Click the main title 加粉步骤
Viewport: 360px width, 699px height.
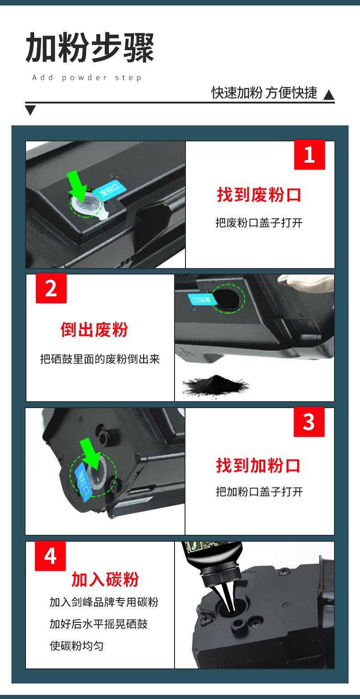90,47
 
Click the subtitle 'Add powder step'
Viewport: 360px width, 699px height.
87,78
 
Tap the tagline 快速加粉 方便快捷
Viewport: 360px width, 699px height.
264,93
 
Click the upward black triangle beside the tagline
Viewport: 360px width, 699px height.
329,95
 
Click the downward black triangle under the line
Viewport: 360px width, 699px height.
30,110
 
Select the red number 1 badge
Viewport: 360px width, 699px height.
309,155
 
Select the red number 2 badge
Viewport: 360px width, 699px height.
51,288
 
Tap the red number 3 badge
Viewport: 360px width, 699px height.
309,422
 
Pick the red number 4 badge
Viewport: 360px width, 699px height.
50,556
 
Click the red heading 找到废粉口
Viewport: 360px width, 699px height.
259,195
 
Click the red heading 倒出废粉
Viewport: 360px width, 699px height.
94,330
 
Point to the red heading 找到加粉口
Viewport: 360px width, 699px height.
258,466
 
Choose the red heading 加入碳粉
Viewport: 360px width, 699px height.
105,580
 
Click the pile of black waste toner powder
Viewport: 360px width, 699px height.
215,385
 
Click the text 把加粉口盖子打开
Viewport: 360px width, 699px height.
259,492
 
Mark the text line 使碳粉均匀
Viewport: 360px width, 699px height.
77,646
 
